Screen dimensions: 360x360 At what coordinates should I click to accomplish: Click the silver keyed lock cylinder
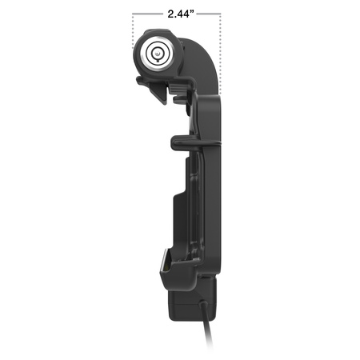click(157, 54)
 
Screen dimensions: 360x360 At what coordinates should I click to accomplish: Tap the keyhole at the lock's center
click(157, 54)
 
